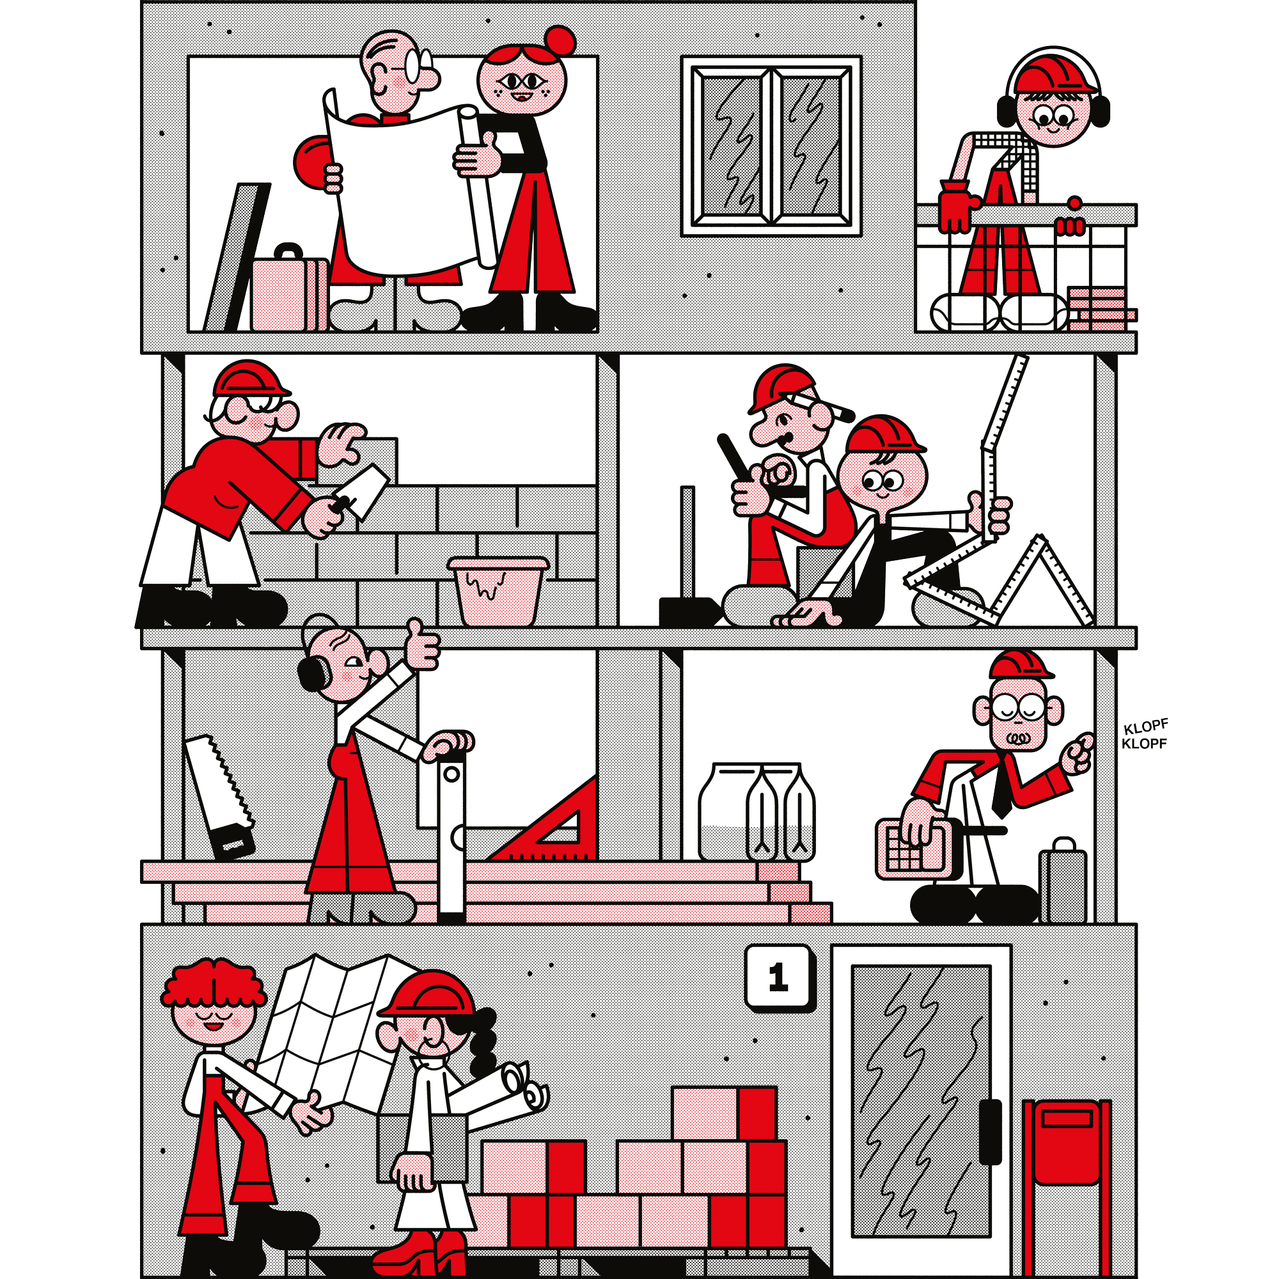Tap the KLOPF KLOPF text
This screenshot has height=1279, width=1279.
[1145, 735]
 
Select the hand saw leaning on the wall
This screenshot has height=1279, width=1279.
[219, 796]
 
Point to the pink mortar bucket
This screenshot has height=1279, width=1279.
[498, 590]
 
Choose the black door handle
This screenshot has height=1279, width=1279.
[990, 1132]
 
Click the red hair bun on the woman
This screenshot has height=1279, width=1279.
[560, 41]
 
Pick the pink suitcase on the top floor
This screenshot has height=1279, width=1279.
[289, 288]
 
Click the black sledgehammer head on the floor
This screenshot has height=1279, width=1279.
[689, 611]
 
